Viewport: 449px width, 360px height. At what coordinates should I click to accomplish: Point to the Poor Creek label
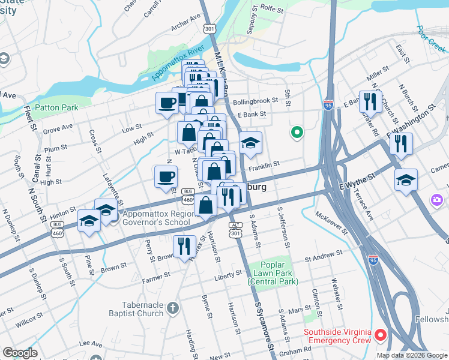pyautogui.click(x=427, y=36)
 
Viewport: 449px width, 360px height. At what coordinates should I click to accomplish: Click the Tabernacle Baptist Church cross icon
pyautogui.click(x=173, y=308)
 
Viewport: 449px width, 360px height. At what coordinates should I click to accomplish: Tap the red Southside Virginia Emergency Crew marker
pyautogui.click(x=380, y=334)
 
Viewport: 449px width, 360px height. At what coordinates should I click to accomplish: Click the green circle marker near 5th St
pyautogui.click(x=295, y=133)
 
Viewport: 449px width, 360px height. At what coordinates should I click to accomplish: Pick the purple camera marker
pyautogui.click(x=437, y=199)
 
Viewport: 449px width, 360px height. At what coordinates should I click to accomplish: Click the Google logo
pyautogui.click(x=20, y=353)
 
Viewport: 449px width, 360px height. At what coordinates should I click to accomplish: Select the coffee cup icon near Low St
pyautogui.click(x=166, y=103)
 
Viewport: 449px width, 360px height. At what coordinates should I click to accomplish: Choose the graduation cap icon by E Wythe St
pyautogui.click(x=406, y=179)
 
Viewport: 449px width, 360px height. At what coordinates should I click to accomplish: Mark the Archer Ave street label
pyautogui.click(x=185, y=26)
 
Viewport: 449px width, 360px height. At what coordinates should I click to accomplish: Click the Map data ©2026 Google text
pyautogui.click(x=411, y=355)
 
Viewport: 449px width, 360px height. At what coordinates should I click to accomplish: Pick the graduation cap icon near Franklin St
pyautogui.click(x=250, y=143)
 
